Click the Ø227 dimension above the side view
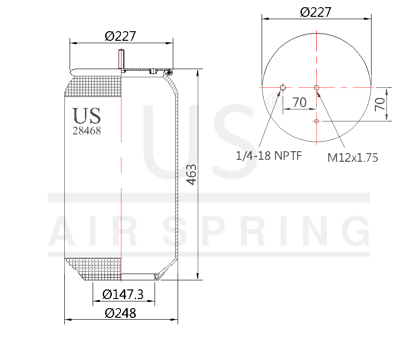point(120,36)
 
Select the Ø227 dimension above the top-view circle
point(316,12)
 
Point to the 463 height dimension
point(191,175)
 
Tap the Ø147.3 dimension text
point(123,294)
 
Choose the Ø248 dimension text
point(120,313)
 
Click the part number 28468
point(86,131)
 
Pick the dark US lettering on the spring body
point(86,116)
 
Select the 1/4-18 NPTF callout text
point(268,156)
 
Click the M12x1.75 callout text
point(353,157)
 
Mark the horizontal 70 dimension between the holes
point(300,102)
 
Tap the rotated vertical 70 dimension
point(380,104)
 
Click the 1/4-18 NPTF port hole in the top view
point(283,87)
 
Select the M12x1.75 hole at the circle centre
point(316,87)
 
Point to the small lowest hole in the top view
point(316,121)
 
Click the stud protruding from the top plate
point(121,60)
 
